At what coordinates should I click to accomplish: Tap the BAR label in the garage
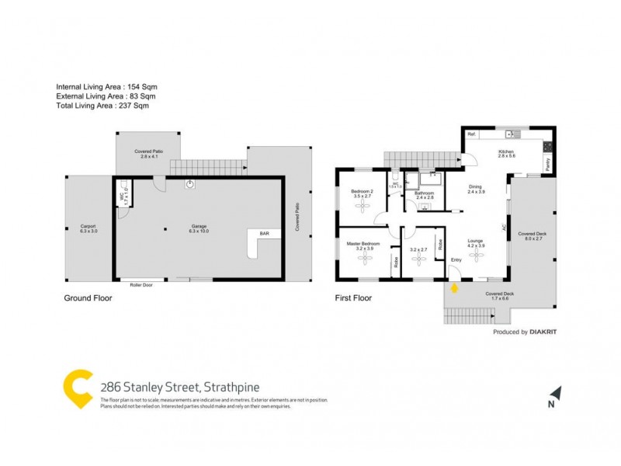264,233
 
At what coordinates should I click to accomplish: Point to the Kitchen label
506,151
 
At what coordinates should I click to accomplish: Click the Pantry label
547,165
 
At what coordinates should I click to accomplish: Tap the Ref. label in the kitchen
471,135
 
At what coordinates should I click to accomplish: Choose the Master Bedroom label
363,244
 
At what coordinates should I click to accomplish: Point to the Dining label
476,186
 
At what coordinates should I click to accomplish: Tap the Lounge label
476,241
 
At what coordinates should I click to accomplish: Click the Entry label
456,259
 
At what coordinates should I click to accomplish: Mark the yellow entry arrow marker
455,287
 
